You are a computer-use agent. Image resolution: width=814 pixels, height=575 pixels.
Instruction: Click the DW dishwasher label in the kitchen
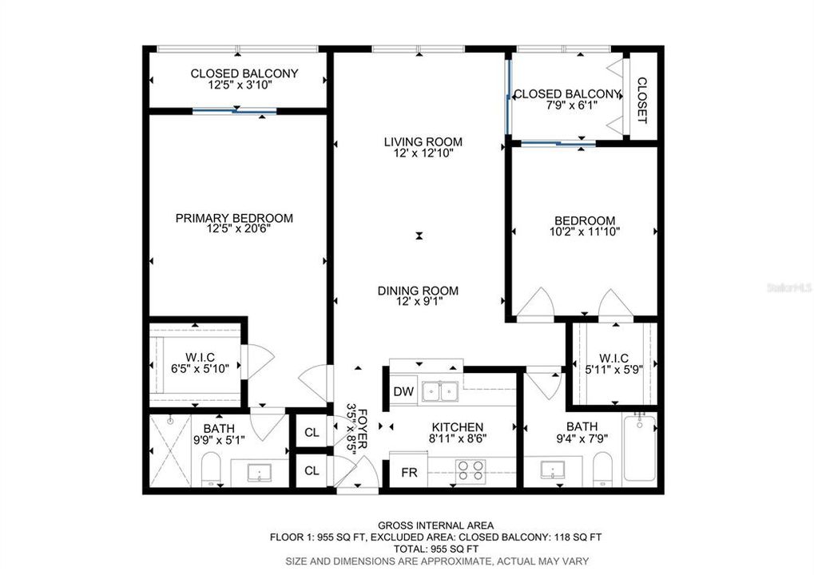pos(403,392)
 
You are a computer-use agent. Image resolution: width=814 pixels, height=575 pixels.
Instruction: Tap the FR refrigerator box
pos(409,472)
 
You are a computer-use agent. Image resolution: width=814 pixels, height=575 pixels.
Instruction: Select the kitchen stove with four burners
pos(471,469)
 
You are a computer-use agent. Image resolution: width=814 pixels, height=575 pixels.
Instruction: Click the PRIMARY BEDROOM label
pos(234,218)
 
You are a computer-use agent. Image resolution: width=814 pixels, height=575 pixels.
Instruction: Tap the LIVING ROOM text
pos(423,142)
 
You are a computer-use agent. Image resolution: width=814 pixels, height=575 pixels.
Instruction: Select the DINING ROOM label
pos(418,291)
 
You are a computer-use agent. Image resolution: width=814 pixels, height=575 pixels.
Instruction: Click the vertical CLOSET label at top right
pos(641,100)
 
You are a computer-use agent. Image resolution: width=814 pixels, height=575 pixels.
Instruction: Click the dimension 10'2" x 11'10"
pos(586,232)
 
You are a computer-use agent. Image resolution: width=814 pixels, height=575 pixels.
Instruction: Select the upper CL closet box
pos(312,433)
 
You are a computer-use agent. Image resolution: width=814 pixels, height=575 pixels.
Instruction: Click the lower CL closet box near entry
pos(312,471)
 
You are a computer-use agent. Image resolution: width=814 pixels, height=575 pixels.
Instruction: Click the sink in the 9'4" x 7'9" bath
pos(552,469)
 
